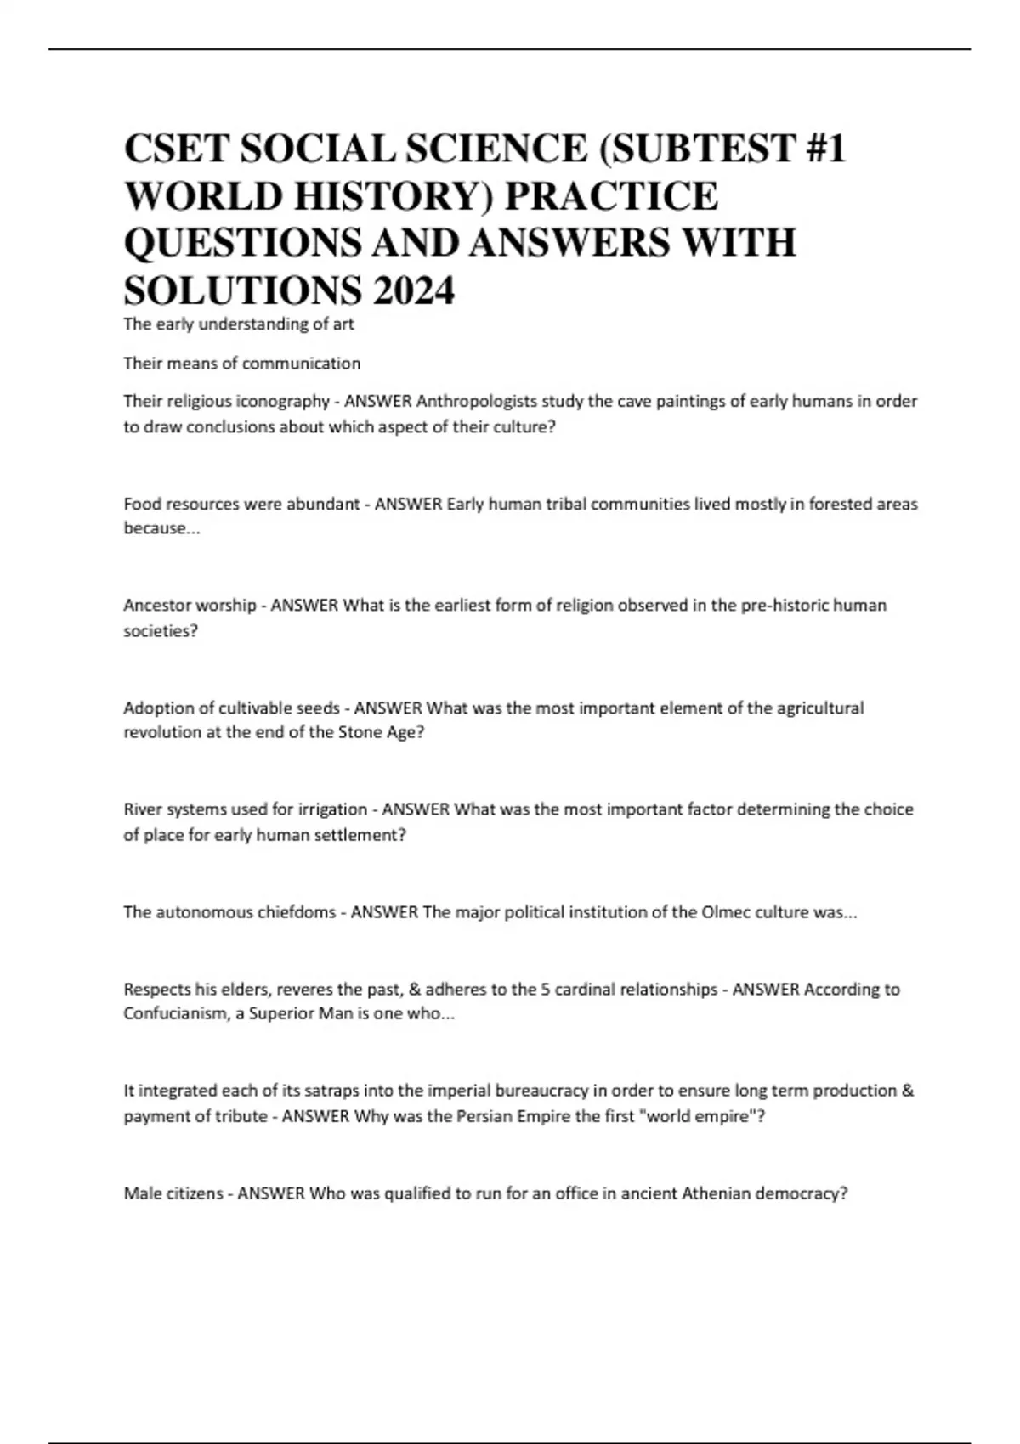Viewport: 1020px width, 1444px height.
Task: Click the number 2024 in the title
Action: [x=413, y=290]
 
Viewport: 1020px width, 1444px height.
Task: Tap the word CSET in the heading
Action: [x=175, y=149]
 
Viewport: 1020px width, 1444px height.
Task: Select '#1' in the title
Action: [x=824, y=149]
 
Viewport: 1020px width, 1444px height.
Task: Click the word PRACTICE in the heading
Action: [x=612, y=196]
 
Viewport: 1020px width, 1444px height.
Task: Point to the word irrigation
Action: [x=327, y=809]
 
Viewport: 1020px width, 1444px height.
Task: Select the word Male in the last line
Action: [x=141, y=1193]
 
